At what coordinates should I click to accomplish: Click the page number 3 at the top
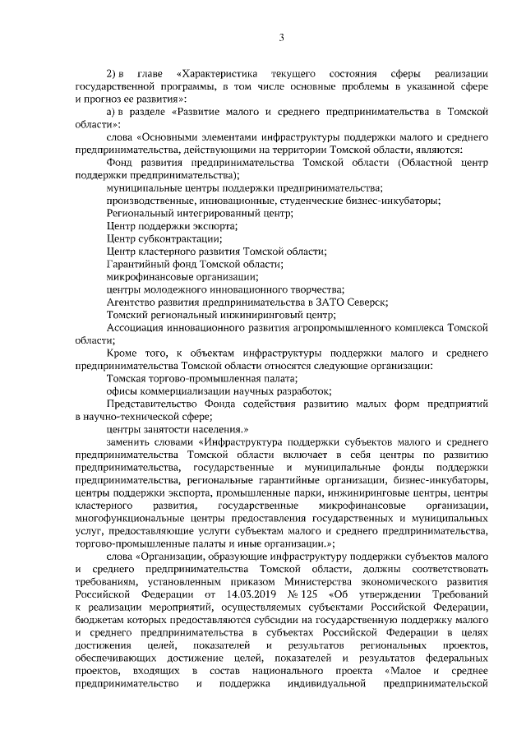point(282,37)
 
